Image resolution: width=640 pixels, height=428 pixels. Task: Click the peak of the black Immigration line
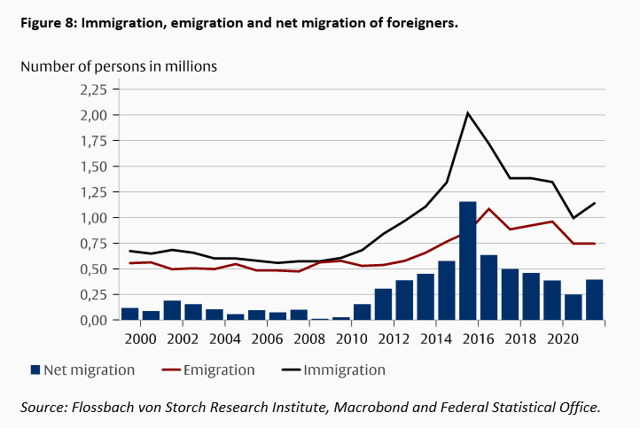pyautogui.click(x=468, y=113)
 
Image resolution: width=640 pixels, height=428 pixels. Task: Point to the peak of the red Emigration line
pyautogui.click(x=489, y=209)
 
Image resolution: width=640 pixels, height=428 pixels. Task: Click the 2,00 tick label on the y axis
pyautogui.click(x=94, y=115)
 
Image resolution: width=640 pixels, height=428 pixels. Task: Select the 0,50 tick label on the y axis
pyautogui.click(x=94, y=268)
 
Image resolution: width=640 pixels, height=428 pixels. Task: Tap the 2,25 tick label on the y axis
pyautogui.click(x=94, y=89)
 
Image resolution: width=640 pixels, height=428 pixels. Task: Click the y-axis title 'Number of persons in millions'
pyautogui.click(x=119, y=66)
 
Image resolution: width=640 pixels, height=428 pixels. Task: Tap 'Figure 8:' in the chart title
pyautogui.click(x=48, y=22)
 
